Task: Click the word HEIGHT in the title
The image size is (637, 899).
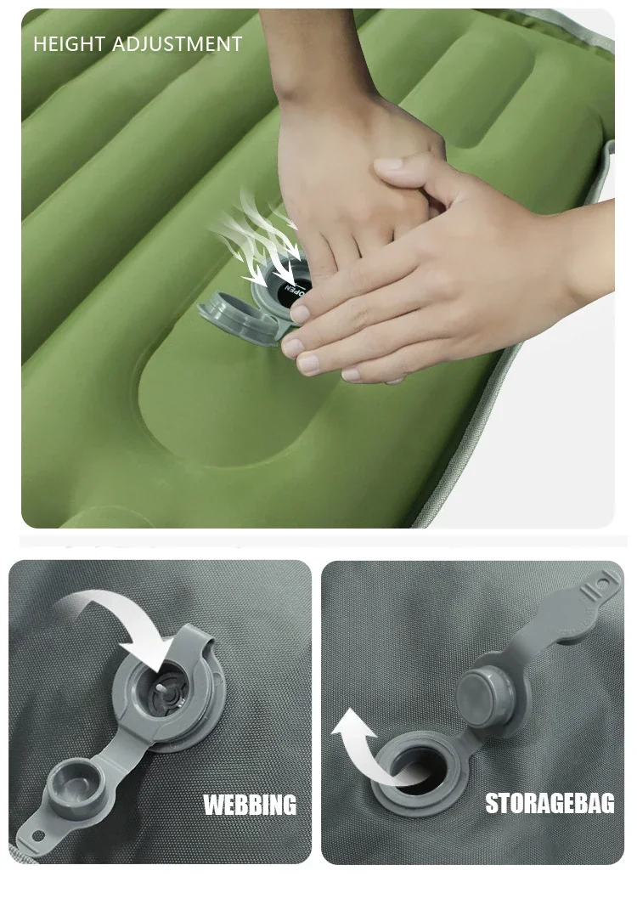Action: tap(69, 44)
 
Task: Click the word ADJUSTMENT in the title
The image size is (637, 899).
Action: tap(177, 44)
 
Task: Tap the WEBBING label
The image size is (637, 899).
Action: tap(251, 805)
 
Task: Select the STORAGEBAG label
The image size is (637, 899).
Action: tap(550, 803)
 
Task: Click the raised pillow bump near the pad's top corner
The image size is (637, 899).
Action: tap(476, 92)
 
